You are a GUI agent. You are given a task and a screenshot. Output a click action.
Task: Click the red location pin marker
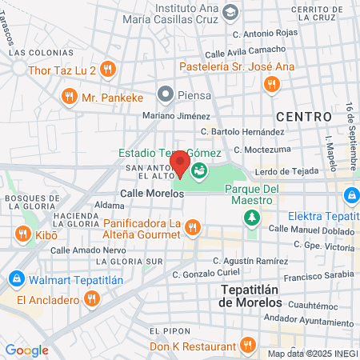tap(180, 162)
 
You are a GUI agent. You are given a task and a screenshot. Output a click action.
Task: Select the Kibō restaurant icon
tap(22, 234)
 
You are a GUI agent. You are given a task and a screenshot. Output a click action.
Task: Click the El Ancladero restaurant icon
tap(92, 299)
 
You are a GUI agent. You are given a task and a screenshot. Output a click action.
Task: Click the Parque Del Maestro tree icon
tap(252, 216)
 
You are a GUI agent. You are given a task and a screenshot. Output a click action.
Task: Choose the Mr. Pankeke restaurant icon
tap(70, 98)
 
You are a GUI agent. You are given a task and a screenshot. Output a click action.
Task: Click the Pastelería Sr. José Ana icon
tap(273, 83)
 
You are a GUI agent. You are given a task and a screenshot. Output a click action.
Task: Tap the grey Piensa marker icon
tap(166, 94)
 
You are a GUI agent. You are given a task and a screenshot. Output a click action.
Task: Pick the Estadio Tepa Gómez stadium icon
tap(198, 168)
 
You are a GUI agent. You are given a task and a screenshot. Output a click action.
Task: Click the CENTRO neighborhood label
tap(303, 117)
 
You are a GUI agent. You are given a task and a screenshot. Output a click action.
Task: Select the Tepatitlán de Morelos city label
tap(258, 295)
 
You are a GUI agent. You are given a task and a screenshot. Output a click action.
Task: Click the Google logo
tap(26, 350)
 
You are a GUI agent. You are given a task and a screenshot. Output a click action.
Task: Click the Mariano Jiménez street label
tap(175, 117)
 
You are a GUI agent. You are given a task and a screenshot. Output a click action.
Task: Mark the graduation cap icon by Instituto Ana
tap(230, 12)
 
